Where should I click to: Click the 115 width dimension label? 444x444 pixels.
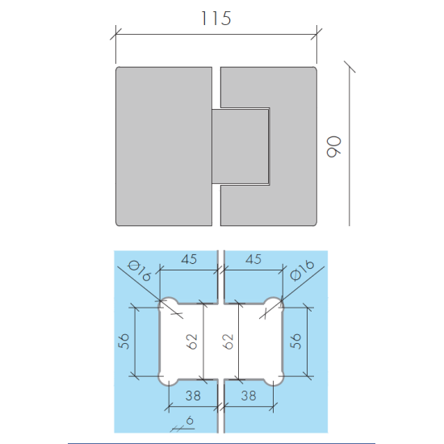pos(216,19)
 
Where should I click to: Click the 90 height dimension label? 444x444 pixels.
pos(333,146)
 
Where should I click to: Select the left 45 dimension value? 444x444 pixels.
pos(189,259)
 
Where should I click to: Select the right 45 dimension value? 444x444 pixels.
pos(253,259)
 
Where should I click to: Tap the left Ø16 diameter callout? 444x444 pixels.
pos(139,270)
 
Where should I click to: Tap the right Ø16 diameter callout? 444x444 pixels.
pos(303,270)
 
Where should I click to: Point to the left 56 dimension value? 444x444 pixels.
pos(124,341)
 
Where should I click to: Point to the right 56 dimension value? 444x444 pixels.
pos(295,341)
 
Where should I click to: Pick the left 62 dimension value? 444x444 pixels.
pos(191,341)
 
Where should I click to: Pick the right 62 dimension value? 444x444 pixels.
pos(228,341)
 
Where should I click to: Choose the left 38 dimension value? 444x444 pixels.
pos(193,396)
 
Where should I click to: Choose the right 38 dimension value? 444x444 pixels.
pos(249,396)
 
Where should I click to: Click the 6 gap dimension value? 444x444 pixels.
pos(190,421)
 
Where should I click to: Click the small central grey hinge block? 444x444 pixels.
pos(240,146)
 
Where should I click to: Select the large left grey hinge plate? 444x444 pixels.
pos(164,146)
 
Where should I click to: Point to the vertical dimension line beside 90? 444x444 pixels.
pos(350,146)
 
